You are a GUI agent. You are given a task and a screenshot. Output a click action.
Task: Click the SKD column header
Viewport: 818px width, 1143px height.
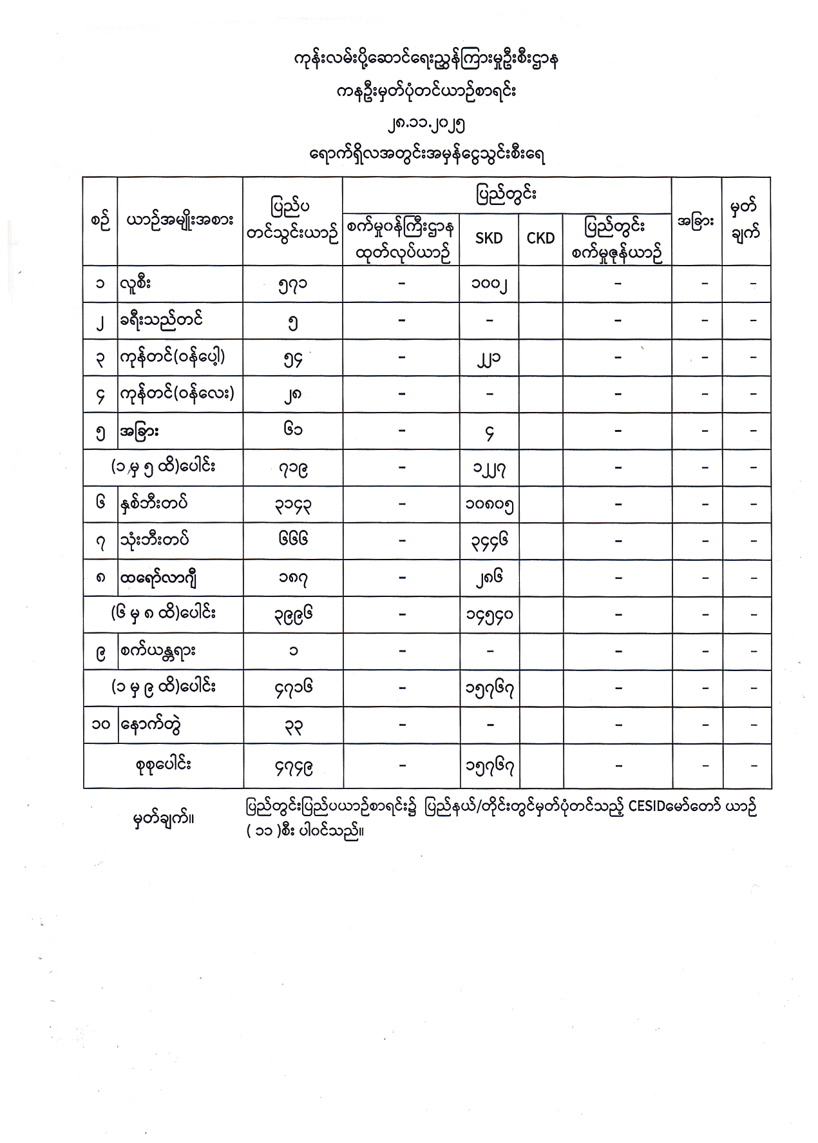488,238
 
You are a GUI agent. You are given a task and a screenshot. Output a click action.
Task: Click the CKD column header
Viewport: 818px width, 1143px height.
540,238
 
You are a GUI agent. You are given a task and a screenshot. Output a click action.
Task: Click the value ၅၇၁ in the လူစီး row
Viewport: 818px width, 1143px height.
292,284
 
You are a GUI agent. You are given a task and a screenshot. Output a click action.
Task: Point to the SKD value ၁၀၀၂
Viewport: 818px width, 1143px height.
490,284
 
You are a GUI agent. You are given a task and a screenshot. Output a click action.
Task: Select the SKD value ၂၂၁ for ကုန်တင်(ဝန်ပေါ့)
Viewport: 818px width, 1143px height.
490,358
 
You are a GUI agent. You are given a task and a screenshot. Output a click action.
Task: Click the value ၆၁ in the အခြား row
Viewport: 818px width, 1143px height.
292,431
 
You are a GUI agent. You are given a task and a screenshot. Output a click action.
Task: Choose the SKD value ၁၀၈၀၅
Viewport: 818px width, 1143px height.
490,505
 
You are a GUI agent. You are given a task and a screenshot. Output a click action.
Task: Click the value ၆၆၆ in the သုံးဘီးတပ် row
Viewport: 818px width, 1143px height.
292,540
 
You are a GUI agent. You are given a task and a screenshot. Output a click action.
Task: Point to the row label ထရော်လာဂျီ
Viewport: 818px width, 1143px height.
157,577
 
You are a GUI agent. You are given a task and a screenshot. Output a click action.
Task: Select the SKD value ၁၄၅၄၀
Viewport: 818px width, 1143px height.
490,614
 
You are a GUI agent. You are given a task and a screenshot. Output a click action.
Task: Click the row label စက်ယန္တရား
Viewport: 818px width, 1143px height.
157,650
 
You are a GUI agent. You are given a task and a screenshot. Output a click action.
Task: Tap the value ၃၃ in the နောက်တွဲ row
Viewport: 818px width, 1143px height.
292,725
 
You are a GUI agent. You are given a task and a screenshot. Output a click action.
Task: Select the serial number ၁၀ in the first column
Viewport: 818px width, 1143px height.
100,725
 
